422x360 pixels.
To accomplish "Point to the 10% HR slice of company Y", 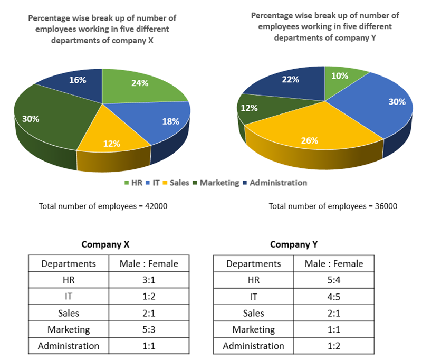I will click(341, 77).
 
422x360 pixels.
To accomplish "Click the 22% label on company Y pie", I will click(291, 80).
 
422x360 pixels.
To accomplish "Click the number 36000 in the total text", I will click(386, 206).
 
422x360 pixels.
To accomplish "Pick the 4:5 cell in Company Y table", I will click(333, 297).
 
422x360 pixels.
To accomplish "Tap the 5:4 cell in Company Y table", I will click(333, 280).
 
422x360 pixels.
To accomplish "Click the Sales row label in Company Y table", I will click(254, 313).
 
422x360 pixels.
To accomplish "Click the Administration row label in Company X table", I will click(69, 346).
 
